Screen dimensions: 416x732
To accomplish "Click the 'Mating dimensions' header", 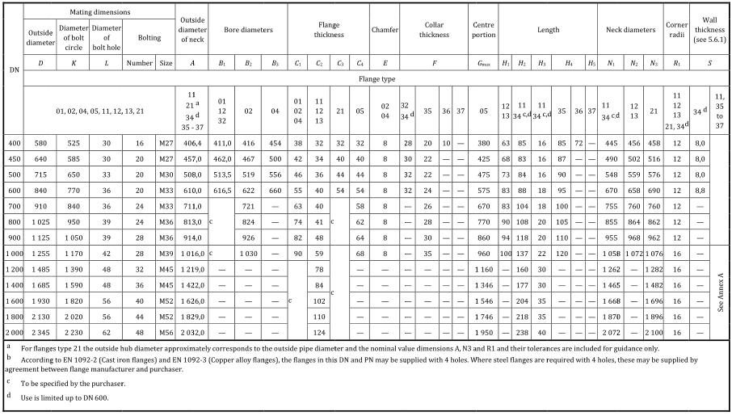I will point(99,12).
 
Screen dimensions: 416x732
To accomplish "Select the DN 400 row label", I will point(13,141).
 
